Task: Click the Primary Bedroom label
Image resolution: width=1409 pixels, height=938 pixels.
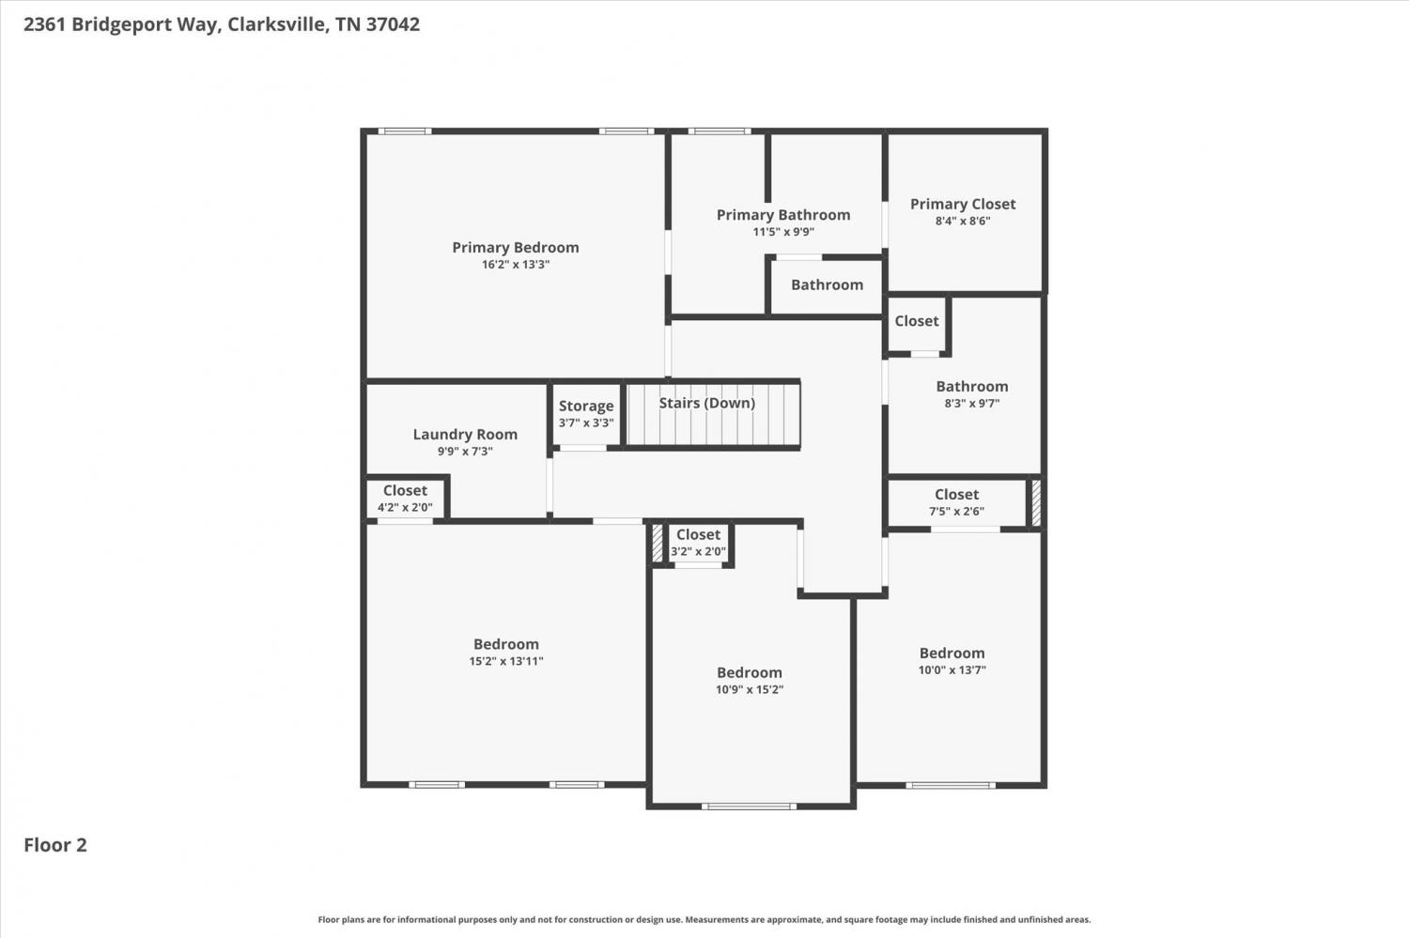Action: tap(515, 248)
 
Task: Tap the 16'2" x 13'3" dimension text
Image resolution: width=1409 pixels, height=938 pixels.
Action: tap(515, 265)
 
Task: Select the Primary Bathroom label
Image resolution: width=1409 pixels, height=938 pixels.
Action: tap(783, 215)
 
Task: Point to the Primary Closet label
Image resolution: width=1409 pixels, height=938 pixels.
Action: tap(963, 205)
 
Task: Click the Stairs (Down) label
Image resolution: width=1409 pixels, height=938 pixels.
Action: tap(707, 403)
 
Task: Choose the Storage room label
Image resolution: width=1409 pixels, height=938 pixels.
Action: tap(585, 407)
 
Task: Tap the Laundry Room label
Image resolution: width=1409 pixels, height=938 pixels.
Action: tap(465, 435)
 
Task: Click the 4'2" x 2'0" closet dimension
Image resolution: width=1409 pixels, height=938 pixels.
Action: tap(405, 507)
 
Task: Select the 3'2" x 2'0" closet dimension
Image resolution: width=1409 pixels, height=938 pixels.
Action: tap(698, 552)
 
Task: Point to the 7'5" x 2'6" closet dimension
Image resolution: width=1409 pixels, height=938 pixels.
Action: tap(956, 512)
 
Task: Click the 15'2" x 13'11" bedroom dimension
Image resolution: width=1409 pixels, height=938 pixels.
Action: tap(505, 661)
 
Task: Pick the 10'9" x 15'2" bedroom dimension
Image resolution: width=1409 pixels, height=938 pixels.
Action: tap(750, 690)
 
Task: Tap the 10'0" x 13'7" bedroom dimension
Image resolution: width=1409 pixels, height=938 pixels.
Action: tap(952, 670)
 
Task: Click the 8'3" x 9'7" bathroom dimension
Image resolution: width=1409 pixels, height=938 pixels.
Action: tap(972, 404)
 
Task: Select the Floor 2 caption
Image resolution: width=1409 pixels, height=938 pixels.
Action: tap(55, 845)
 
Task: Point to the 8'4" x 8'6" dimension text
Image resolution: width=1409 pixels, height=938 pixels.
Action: tap(963, 222)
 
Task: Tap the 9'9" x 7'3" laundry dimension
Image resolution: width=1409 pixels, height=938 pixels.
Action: tap(465, 452)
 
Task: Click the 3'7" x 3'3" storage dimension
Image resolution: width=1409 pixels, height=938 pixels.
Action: tap(585, 423)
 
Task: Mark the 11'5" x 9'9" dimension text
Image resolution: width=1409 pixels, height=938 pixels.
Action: tap(783, 232)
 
